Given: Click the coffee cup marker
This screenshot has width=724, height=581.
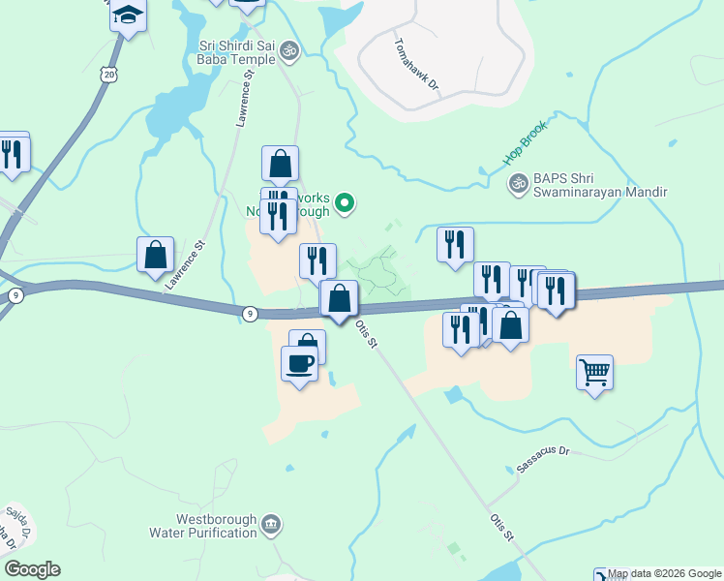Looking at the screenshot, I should (x=298, y=364).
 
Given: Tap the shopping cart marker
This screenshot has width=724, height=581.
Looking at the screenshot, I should (x=594, y=372).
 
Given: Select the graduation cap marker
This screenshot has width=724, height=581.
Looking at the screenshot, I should (x=128, y=15).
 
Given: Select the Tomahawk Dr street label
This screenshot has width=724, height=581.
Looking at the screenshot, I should (x=417, y=65).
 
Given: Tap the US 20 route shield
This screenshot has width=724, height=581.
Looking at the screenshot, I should (x=108, y=74).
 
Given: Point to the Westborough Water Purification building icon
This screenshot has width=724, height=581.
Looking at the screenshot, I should (x=272, y=525).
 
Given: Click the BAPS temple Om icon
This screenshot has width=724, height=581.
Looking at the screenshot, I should (x=519, y=182).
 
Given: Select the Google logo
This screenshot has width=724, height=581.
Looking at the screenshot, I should (x=32, y=569).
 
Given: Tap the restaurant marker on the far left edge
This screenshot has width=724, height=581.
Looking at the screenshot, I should (x=12, y=153).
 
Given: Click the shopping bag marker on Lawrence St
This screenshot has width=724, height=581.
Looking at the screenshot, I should (x=155, y=255).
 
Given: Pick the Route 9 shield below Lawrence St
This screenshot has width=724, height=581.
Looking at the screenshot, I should (x=250, y=313).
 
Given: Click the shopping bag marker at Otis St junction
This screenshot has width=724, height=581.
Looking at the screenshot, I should (x=339, y=298).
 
